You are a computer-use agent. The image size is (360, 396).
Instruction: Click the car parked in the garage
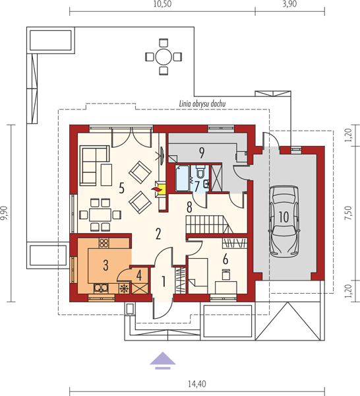tap(284, 220)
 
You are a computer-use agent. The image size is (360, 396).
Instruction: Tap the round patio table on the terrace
tap(164, 57)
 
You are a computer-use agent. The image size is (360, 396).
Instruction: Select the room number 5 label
tap(121, 188)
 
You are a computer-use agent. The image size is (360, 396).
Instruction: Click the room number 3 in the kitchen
tap(105, 265)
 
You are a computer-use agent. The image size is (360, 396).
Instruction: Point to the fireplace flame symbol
tap(156, 189)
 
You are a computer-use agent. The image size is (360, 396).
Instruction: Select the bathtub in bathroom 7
tap(182, 178)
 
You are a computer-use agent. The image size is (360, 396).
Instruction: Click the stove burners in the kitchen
tap(104, 243)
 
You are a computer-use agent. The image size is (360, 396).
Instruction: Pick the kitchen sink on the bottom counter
tap(101, 288)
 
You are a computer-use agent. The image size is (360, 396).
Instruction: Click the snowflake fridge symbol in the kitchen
tap(123, 288)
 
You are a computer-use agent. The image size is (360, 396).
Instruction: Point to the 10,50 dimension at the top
tap(162, 5)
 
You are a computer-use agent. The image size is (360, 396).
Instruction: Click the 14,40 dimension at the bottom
tap(197, 384)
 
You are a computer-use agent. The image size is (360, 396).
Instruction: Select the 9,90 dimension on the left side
tap(5, 213)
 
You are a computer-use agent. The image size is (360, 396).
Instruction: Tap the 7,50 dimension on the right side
tap(348, 213)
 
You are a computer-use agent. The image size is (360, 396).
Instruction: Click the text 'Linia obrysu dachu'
tap(202, 104)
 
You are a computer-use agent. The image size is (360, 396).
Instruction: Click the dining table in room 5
tap(100, 214)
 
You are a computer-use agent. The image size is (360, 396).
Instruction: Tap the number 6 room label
tap(225, 259)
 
